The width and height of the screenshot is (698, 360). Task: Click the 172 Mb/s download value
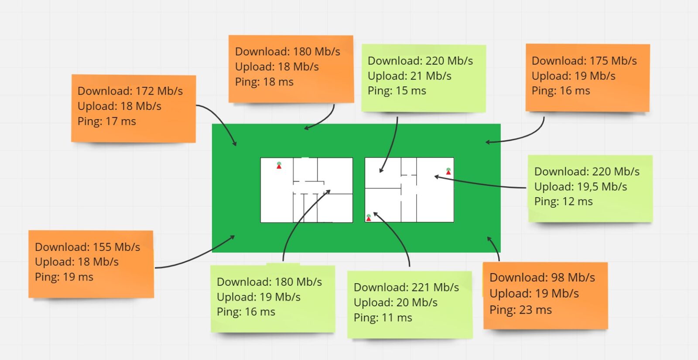(159, 91)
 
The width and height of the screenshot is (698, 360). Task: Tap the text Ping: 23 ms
(520, 310)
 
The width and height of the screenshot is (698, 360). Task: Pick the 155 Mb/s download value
(116, 247)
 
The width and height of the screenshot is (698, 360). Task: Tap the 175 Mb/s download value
(613, 61)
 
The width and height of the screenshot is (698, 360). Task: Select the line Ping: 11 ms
(383, 318)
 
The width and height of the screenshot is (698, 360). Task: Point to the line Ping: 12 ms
(563, 202)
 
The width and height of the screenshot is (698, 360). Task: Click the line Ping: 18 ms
(264, 82)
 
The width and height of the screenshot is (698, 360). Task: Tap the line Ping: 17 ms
(106, 121)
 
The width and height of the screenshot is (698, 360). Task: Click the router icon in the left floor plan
(279, 165)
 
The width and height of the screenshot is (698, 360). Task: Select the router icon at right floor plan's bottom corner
(369, 217)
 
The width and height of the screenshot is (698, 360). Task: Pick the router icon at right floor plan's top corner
(448, 171)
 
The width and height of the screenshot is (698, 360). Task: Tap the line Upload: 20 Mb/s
(395, 302)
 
